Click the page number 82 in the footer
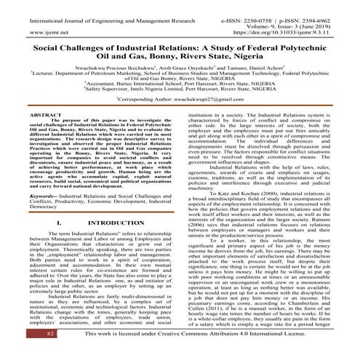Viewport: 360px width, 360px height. (x=30, y=352)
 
